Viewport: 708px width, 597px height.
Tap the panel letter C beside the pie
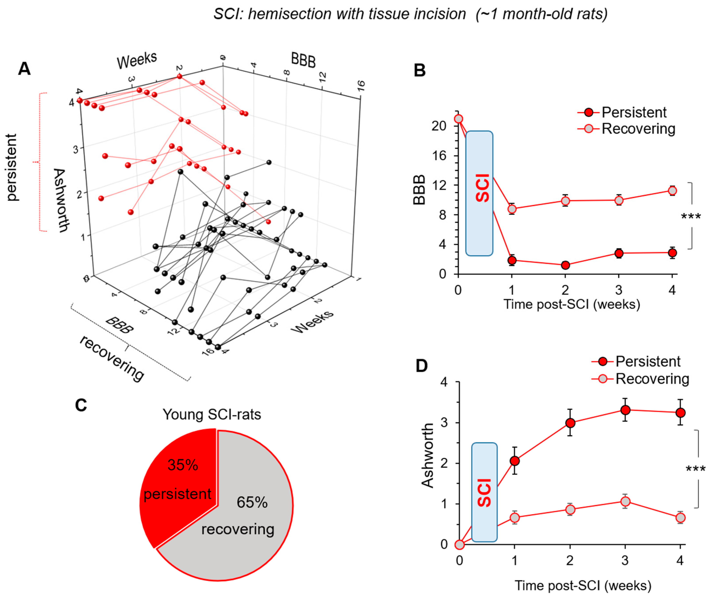click(81, 405)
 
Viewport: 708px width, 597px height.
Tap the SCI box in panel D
click(484, 492)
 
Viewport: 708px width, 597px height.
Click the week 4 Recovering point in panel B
click(672, 191)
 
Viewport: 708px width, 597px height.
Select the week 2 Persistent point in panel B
click(565, 265)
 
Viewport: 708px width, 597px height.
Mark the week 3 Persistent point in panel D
click(625, 410)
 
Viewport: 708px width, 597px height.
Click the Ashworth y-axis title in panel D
click(428, 455)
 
